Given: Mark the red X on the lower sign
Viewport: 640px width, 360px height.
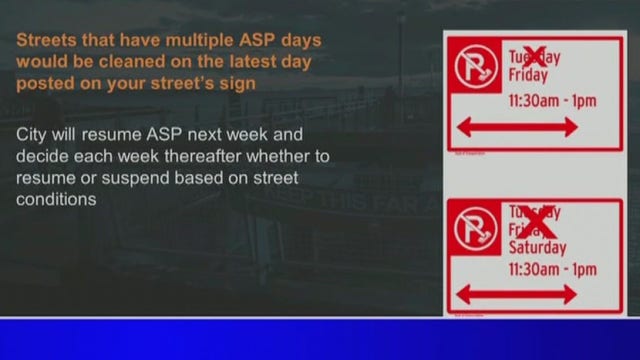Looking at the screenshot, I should pyautogui.click(x=538, y=220).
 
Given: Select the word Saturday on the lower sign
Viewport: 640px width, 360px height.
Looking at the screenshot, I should pyautogui.click(x=537, y=247).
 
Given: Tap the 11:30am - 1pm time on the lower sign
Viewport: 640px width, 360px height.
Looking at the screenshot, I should pyautogui.click(x=552, y=269).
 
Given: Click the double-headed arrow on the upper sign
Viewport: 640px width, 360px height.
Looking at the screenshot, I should pyautogui.click(x=516, y=127).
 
